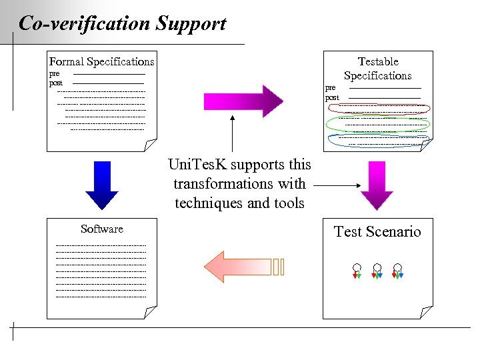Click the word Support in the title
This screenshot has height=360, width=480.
(x=191, y=25)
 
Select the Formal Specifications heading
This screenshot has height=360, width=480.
(x=101, y=61)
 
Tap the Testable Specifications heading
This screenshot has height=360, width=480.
(x=377, y=69)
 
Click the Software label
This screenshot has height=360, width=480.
(x=101, y=229)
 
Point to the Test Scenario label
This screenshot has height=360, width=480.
(x=377, y=231)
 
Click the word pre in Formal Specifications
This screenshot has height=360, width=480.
(x=55, y=73)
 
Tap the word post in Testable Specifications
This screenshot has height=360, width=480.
(x=332, y=97)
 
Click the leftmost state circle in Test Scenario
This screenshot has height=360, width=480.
(x=357, y=267)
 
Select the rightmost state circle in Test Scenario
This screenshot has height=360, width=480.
(x=397, y=267)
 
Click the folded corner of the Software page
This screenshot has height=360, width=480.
(x=151, y=312)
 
